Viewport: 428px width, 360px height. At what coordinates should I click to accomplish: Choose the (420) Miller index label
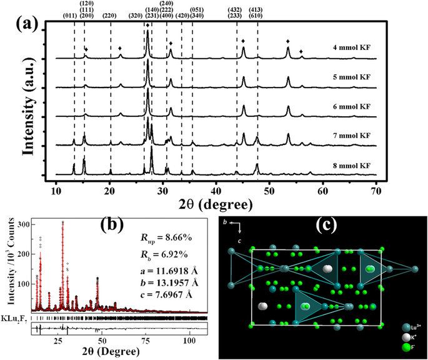click(182, 15)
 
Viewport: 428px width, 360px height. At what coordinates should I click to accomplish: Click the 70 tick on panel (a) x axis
click(376, 187)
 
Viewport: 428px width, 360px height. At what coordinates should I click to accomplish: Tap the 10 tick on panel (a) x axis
click(57, 187)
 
